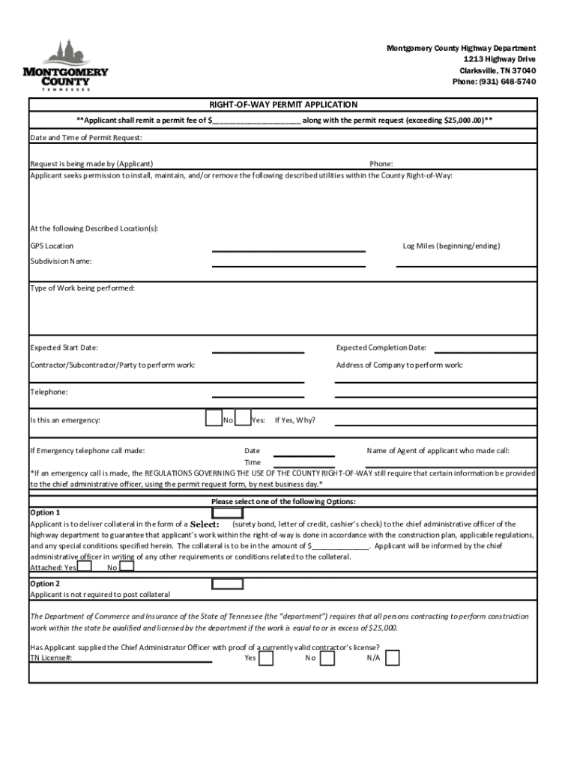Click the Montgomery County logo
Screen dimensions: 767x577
click(66, 66)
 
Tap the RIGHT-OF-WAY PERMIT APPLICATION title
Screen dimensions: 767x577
click(283, 105)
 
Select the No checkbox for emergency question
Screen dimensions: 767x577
click(213, 418)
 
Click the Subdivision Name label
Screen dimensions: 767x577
click(61, 261)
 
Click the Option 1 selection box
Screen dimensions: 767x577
click(227, 513)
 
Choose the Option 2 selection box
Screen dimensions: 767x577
click(227, 583)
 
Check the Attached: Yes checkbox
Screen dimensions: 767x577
click(85, 566)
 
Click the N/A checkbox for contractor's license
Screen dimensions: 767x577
click(392, 658)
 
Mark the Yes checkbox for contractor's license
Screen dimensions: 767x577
click(265, 658)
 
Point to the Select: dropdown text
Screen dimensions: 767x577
click(205, 524)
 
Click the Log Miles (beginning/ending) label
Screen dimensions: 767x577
click(451, 246)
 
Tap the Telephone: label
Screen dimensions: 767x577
click(49, 392)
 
